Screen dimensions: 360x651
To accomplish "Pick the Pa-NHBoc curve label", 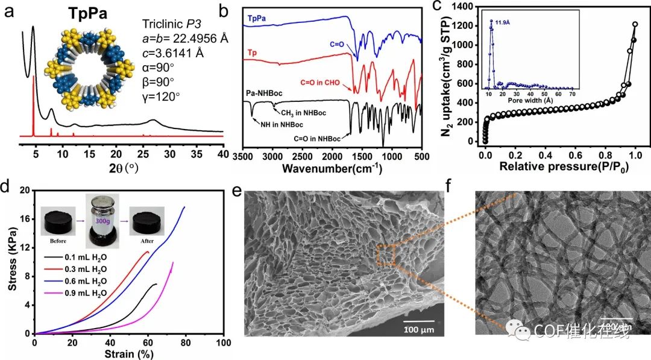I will (268, 93).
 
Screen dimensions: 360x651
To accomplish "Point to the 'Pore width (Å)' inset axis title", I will (530, 100).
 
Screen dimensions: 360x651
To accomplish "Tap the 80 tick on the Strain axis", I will (186, 343).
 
